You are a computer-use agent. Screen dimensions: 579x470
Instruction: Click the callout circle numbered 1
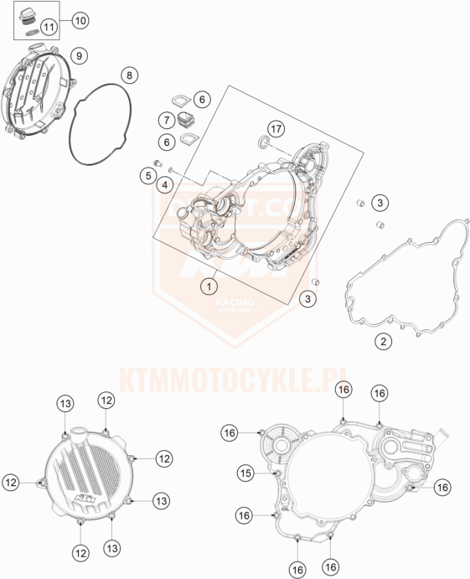click(204, 286)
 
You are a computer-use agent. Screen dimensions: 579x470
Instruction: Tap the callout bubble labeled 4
click(165, 184)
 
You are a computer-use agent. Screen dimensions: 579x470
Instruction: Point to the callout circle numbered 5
click(147, 176)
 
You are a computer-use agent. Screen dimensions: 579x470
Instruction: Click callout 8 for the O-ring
click(128, 75)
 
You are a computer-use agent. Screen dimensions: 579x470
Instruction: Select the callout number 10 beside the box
click(80, 18)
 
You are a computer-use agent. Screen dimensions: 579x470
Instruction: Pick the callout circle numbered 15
click(245, 473)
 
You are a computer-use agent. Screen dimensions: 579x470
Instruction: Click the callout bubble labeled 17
click(276, 128)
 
